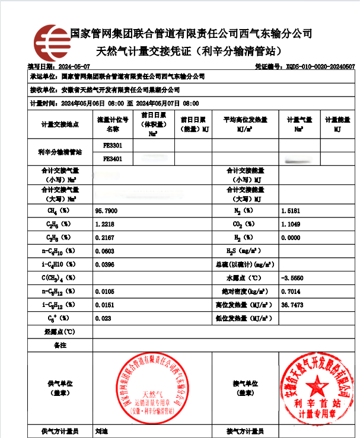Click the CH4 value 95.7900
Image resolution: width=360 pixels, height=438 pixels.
pyautogui.click(x=106, y=211)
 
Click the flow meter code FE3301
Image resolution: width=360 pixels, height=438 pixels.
pyautogui.click(x=113, y=145)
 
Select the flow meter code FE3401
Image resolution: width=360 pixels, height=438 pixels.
pyautogui.click(x=113, y=159)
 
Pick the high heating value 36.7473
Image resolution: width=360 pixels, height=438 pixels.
pyautogui.click(x=292, y=304)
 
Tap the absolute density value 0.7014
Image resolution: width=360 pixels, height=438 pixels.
pyautogui.click(x=291, y=291)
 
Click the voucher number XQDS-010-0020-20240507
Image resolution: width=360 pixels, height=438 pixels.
pyautogui.click(x=320, y=67)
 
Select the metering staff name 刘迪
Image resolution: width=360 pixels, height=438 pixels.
pyautogui.click(x=101, y=431)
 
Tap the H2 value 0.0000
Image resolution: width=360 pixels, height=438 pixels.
pyautogui.click(x=291, y=238)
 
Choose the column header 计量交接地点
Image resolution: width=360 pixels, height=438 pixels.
pyautogui.click(x=60, y=124)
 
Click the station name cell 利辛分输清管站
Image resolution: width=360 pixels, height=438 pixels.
pyautogui.click(x=60, y=152)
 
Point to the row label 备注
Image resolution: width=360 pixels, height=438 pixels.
pyautogui.click(x=60, y=344)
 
